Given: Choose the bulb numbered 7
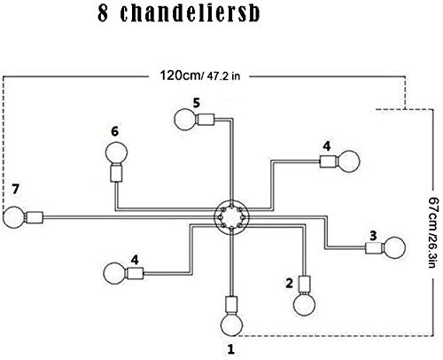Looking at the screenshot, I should (x=13, y=216).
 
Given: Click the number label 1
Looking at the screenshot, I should (x=231, y=349).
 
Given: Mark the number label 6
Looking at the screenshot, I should (x=114, y=131).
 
